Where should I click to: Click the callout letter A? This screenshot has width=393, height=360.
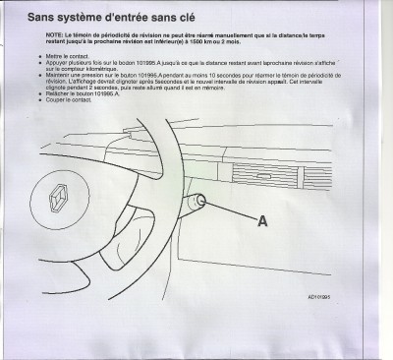262,222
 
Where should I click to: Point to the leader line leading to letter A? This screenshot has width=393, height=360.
231,212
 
